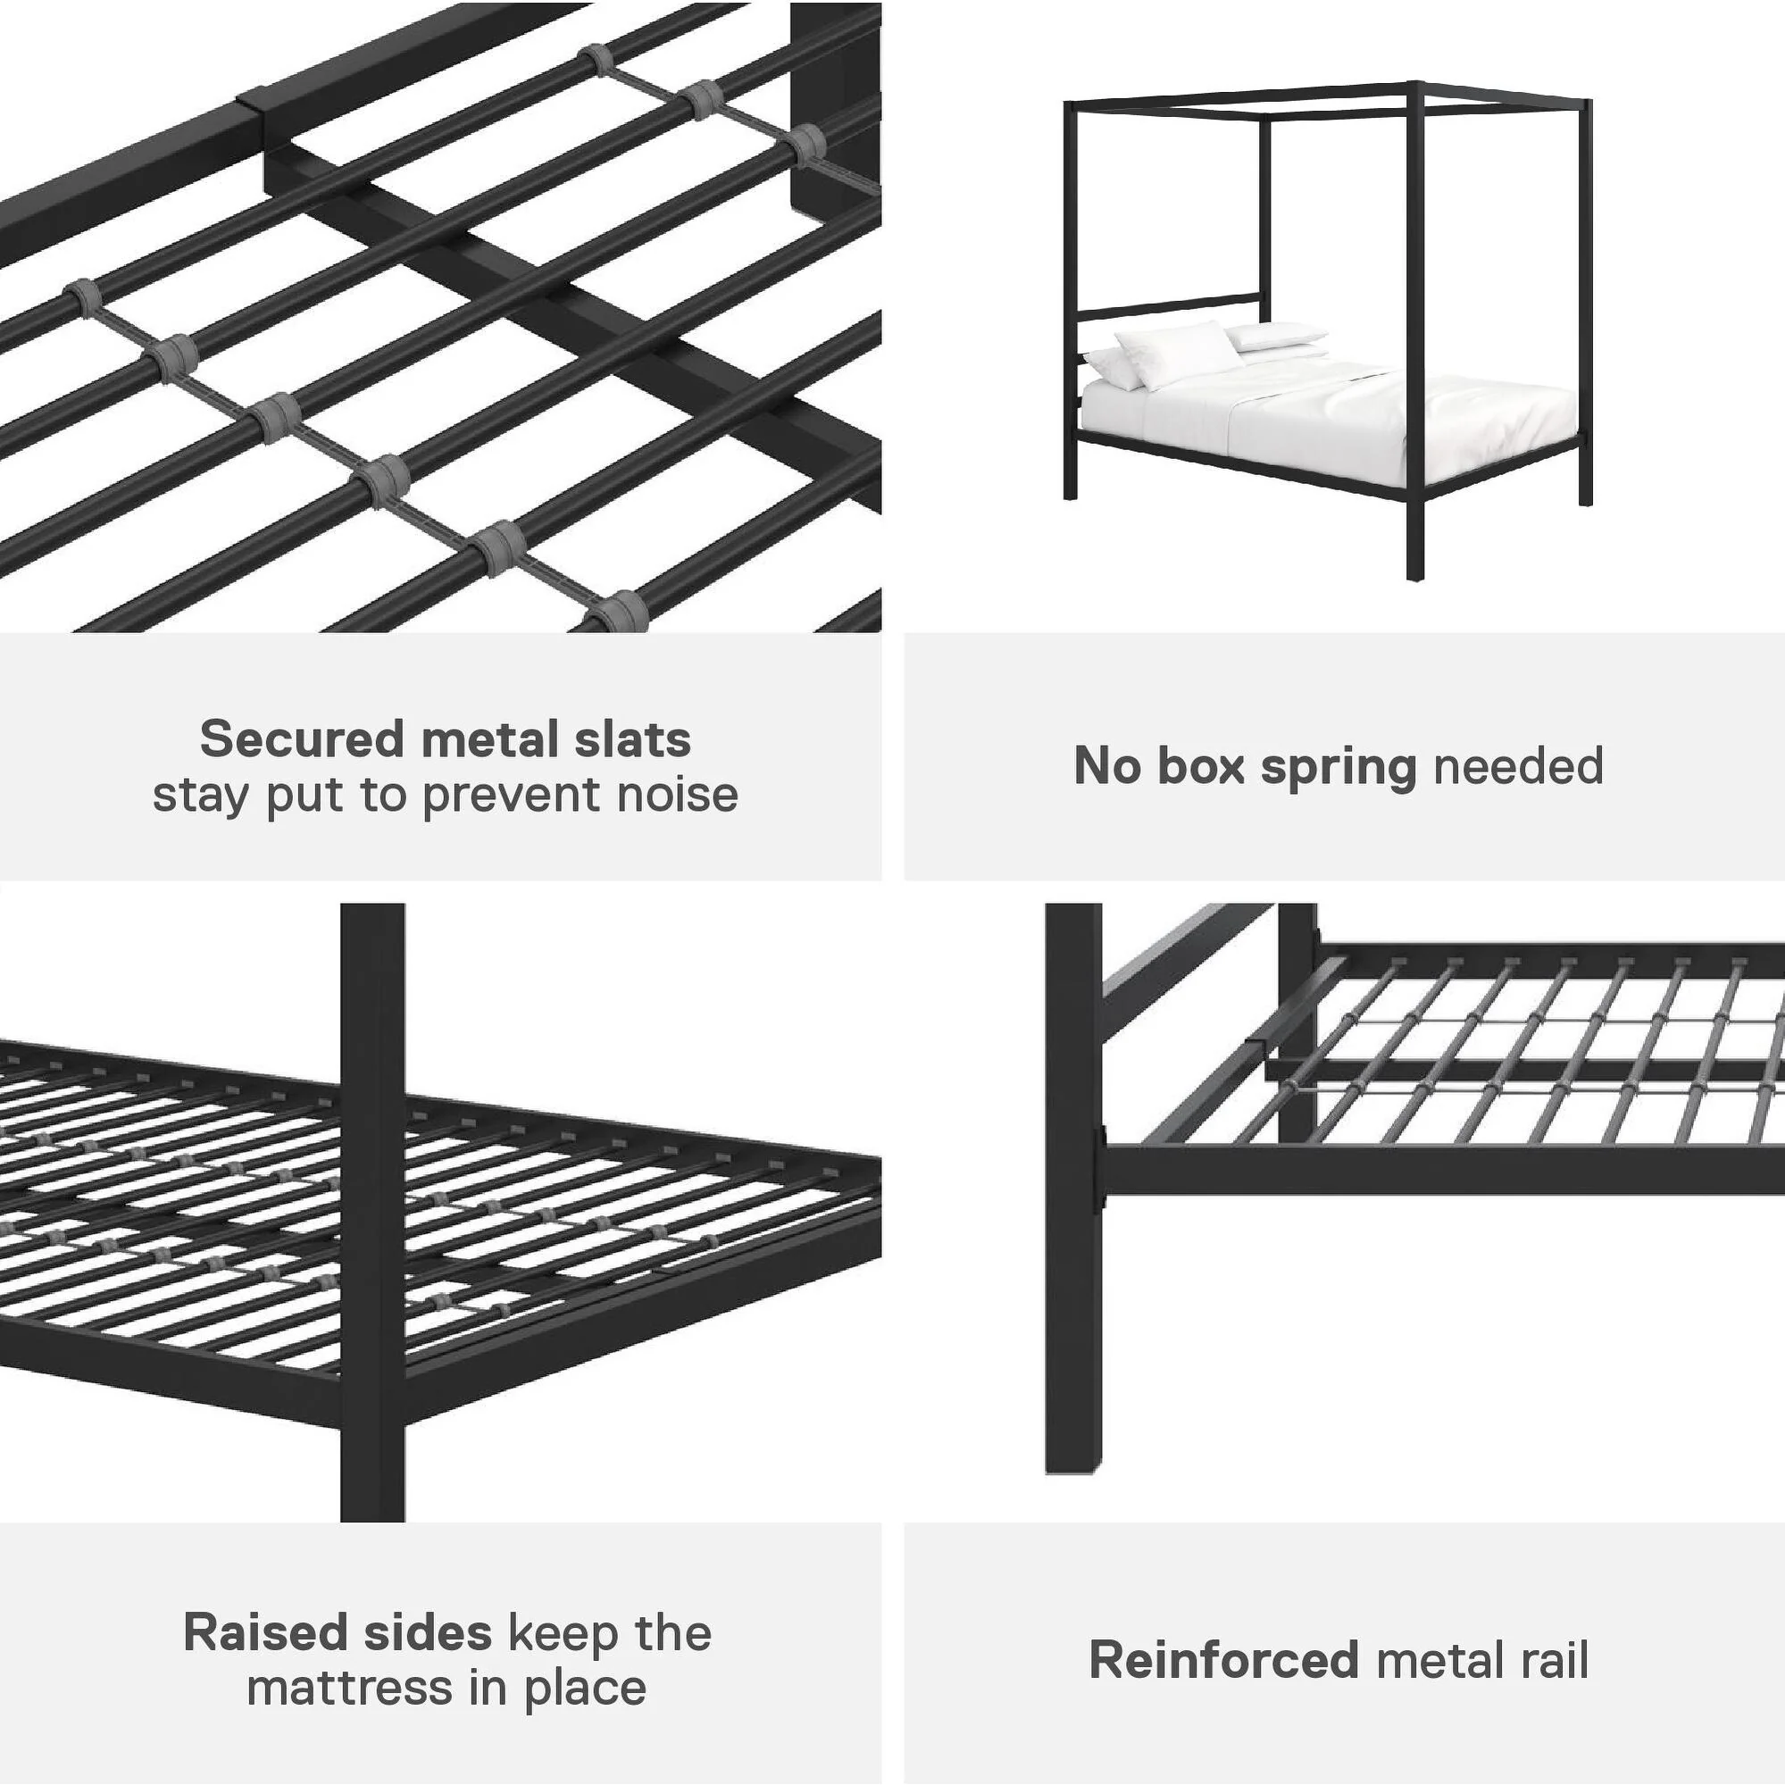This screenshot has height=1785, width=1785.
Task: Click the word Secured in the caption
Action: click(301, 739)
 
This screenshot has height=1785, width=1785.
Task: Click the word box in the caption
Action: click(1199, 766)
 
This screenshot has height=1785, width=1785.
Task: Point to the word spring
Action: click(1338, 768)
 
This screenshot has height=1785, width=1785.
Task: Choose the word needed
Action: click(1518, 766)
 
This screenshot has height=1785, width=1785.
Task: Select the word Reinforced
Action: click(1223, 1659)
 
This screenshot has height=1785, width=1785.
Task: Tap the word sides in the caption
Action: click(427, 1632)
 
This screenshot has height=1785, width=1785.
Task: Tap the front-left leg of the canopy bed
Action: click(1071, 462)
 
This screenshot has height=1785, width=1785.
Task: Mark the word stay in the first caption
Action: click(203, 796)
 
